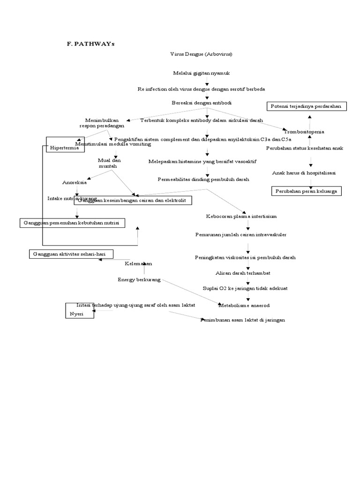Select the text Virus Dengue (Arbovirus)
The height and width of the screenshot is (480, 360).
pyautogui.click(x=201, y=54)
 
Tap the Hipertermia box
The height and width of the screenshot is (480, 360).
pyautogui.click(x=65, y=145)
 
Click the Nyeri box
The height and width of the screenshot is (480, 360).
pyautogui.click(x=79, y=310)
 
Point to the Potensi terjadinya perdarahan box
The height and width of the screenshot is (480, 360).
pyautogui.click(x=307, y=106)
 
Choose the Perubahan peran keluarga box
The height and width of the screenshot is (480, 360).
pyautogui.click(x=307, y=191)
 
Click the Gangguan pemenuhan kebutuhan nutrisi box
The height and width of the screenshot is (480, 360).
pyautogui.click(x=72, y=223)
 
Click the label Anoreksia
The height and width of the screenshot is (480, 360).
pyautogui.click(x=75, y=182)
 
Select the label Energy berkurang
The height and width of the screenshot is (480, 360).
pyautogui.click(x=139, y=280)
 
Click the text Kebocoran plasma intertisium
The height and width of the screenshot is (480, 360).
pyautogui.click(x=241, y=217)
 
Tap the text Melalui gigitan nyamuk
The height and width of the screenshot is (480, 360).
pyautogui.click(x=201, y=74)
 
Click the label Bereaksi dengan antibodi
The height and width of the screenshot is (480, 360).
pyautogui.click(x=202, y=102)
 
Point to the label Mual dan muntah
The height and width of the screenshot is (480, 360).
pyautogui.click(x=110, y=163)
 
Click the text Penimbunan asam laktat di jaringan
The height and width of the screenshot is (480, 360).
pyautogui.click(x=242, y=320)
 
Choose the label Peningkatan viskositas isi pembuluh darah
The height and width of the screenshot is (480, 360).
pyautogui.click(x=245, y=257)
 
